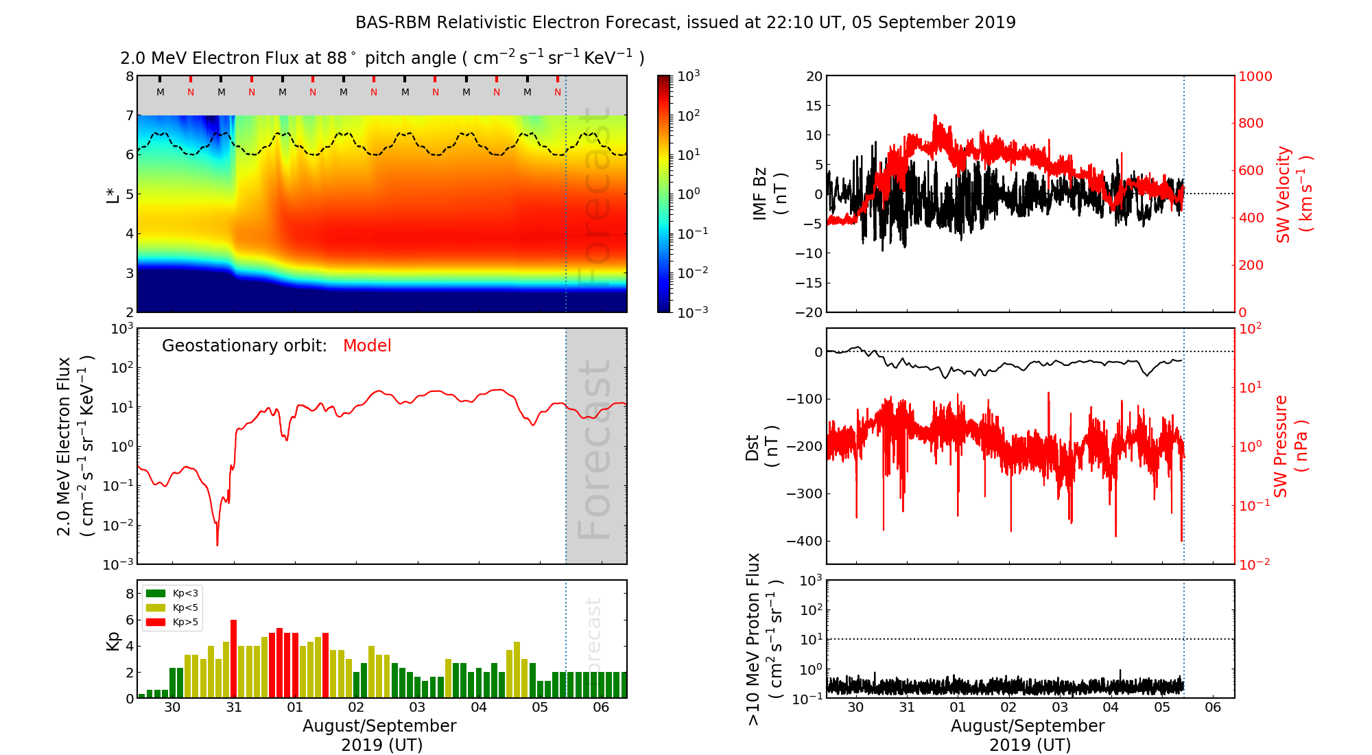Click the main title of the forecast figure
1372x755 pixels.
click(685, 23)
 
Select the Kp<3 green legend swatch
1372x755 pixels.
click(156, 593)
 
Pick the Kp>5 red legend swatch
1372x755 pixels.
click(156, 623)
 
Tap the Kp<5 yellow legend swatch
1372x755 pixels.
click(156, 607)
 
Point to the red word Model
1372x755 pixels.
click(367, 346)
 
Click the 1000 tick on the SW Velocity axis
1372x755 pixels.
click(1255, 76)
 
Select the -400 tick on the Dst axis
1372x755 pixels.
click(803, 541)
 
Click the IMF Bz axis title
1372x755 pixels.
click(769, 194)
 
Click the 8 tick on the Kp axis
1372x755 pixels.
click(129, 593)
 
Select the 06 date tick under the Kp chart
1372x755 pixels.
click(601, 708)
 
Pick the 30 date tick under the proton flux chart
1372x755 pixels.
click(855, 708)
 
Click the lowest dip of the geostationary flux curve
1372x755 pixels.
click(217, 544)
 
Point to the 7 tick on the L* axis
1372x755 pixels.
click(129, 115)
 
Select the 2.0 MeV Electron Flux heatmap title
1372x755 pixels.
click(382, 58)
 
